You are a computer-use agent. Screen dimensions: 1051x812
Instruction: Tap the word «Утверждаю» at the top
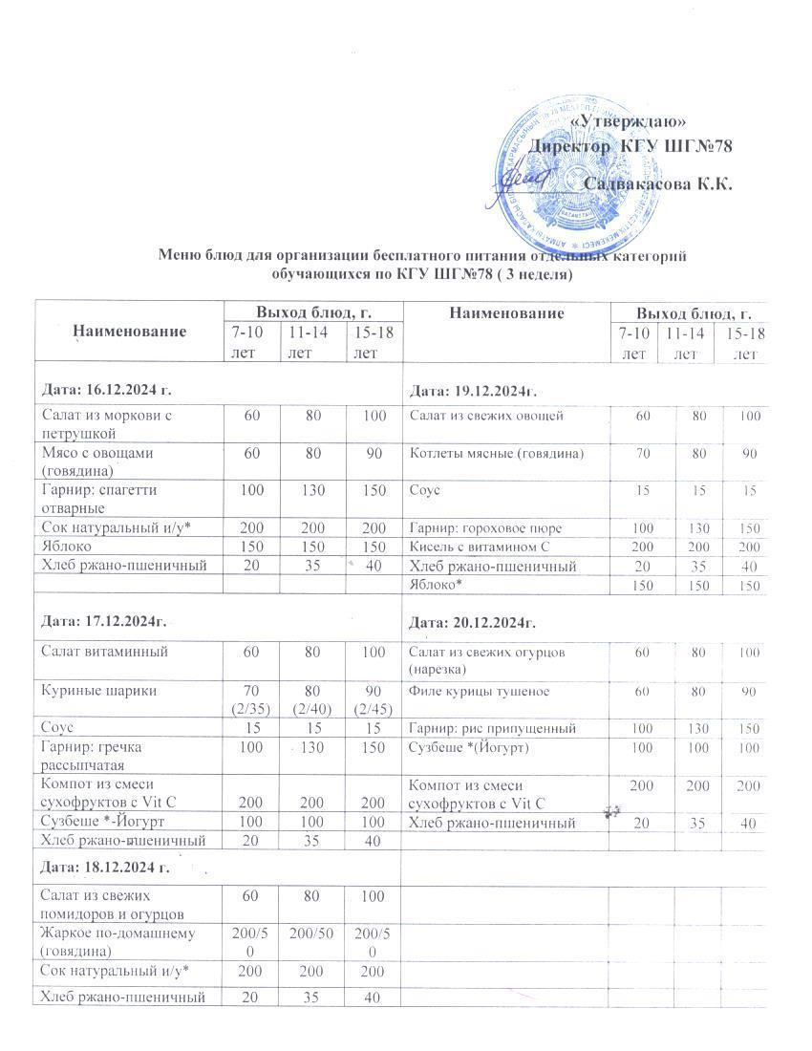[629, 121]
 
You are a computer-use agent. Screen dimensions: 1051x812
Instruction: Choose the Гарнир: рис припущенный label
[492, 728]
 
